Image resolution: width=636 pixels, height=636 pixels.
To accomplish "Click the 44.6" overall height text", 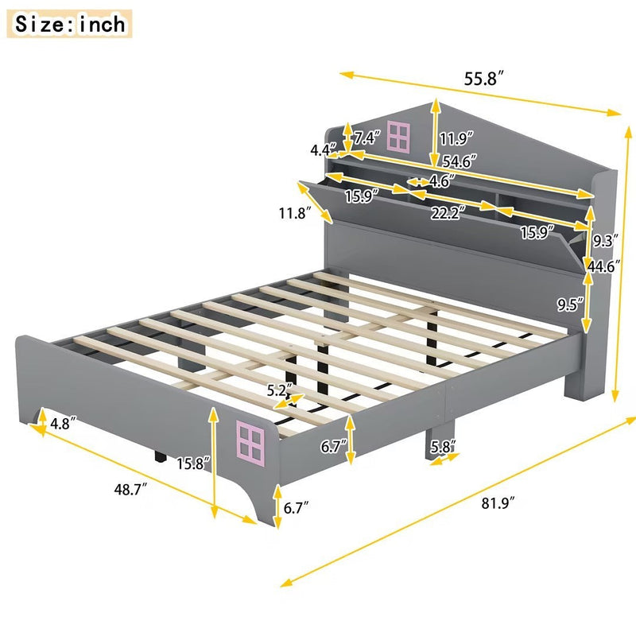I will pos(603,267).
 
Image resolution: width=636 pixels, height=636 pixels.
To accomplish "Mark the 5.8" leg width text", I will pos(443,448).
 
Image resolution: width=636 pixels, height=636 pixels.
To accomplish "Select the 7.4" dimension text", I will pos(366,138).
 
